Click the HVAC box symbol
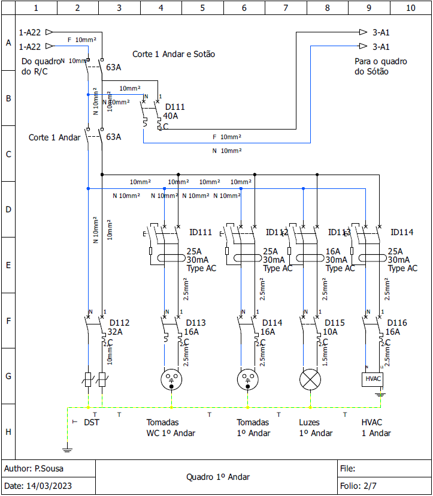click(x=373, y=379)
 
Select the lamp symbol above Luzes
click(x=310, y=379)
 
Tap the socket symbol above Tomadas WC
click(x=172, y=379)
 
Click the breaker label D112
click(x=119, y=323)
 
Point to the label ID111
click(x=201, y=233)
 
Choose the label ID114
click(x=402, y=233)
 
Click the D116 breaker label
click(x=397, y=323)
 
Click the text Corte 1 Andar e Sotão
click(x=174, y=54)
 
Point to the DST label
click(x=92, y=422)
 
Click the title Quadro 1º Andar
click(x=218, y=477)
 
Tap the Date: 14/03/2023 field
click(x=40, y=485)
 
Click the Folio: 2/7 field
click(x=358, y=485)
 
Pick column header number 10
click(x=410, y=8)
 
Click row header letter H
click(x=8, y=432)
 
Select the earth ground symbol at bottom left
click(x=66, y=447)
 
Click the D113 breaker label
click(x=196, y=323)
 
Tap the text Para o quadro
click(x=381, y=62)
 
